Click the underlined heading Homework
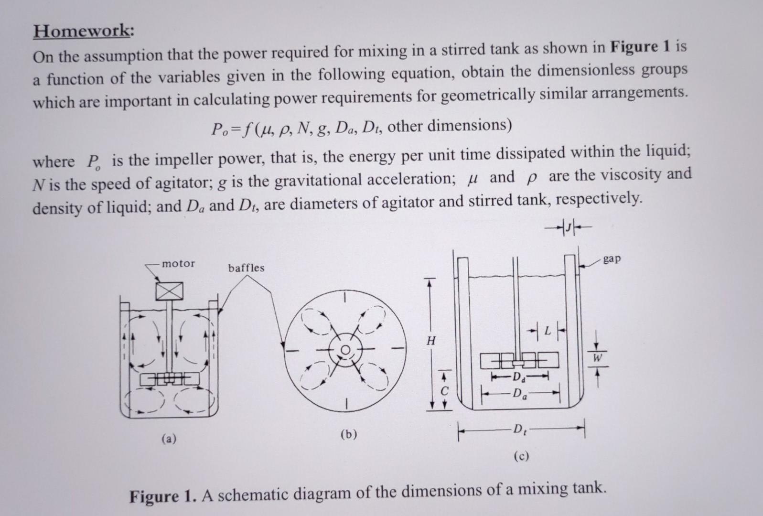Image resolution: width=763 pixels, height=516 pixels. (84, 31)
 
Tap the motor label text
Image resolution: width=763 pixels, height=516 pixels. (179, 263)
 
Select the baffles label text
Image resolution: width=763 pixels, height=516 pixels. (246, 268)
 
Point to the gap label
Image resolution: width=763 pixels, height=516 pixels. (612, 259)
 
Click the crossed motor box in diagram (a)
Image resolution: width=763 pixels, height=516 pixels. (169, 291)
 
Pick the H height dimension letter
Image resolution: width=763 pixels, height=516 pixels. (431, 341)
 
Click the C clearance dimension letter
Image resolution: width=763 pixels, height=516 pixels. (444, 391)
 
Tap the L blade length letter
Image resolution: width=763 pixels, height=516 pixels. (547, 331)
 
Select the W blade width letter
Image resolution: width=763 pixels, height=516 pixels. (597, 358)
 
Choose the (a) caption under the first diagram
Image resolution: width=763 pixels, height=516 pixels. (169, 438)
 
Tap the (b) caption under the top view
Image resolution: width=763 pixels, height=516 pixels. (349, 434)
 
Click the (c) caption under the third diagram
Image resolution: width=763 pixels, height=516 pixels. (521, 456)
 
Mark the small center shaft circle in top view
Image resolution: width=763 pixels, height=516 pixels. (345, 350)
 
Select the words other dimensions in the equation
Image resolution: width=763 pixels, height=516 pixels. (450, 126)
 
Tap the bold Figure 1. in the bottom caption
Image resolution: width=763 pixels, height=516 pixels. (163, 496)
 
